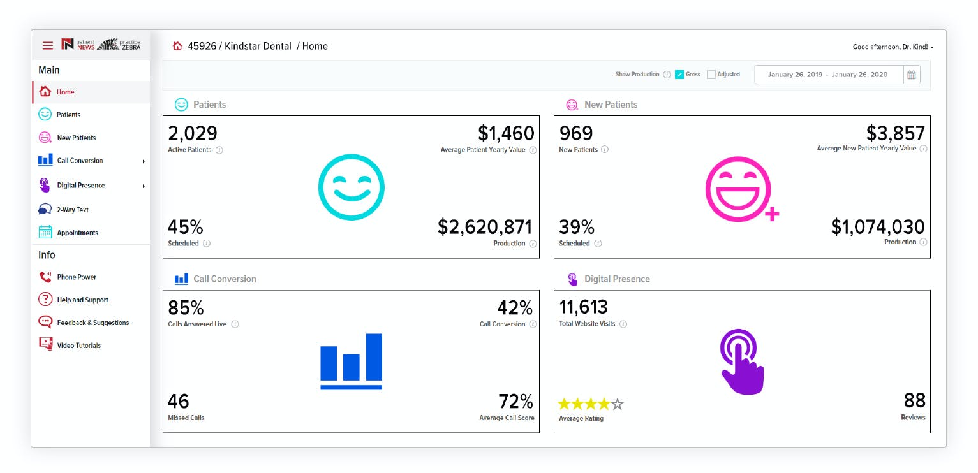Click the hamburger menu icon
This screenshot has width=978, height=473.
[x=48, y=45]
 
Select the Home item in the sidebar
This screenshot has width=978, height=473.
[x=65, y=92]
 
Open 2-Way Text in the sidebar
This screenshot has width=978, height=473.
[x=72, y=210]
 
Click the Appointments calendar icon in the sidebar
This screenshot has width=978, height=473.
[x=45, y=233]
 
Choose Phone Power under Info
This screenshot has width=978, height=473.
[x=76, y=277]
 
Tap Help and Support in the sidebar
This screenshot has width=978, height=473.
[x=82, y=300]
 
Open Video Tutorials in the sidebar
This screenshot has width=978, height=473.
[x=78, y=346]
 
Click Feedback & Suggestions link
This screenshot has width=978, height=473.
[x=93, y=323]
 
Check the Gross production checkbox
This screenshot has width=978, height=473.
[x=679, y=75]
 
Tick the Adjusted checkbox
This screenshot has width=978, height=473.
[x=711, y=75]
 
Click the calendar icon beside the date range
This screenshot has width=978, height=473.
[x=912, y=75]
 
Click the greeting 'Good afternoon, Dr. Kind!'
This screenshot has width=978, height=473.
[x=893, y=47]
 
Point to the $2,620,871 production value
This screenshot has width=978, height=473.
[x=485, y=228]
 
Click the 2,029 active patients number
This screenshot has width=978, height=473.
[x=193, y=133]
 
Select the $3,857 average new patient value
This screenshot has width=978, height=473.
[x=895, y=133]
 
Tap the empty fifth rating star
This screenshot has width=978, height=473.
[x=617, y=404]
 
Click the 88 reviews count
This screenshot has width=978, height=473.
[x=914, y=400]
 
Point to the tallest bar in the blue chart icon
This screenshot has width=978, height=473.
[x=373, y=356]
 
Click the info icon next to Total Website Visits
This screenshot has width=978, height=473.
[x=623, y=324]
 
